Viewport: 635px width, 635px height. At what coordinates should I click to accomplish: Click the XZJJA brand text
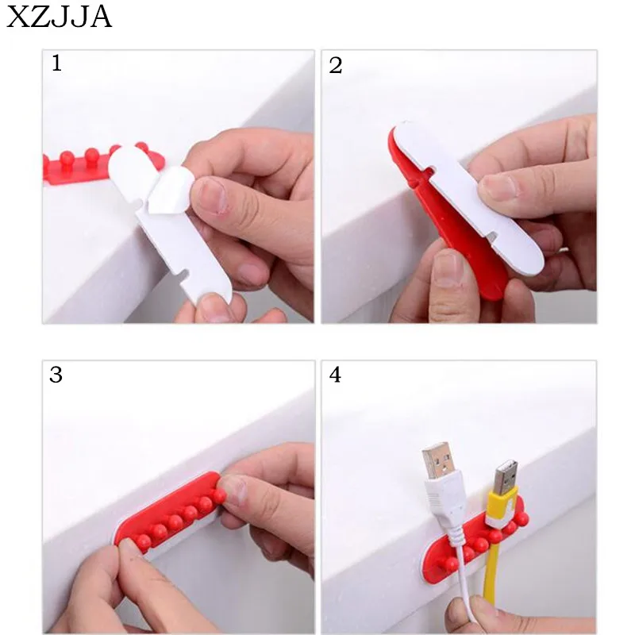(59, 17)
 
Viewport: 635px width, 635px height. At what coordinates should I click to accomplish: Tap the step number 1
(56, 63)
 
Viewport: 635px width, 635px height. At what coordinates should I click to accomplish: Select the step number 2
(335, 66)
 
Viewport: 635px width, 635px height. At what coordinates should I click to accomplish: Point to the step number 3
(56, 375)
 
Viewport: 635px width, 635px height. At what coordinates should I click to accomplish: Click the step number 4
(335, 375)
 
